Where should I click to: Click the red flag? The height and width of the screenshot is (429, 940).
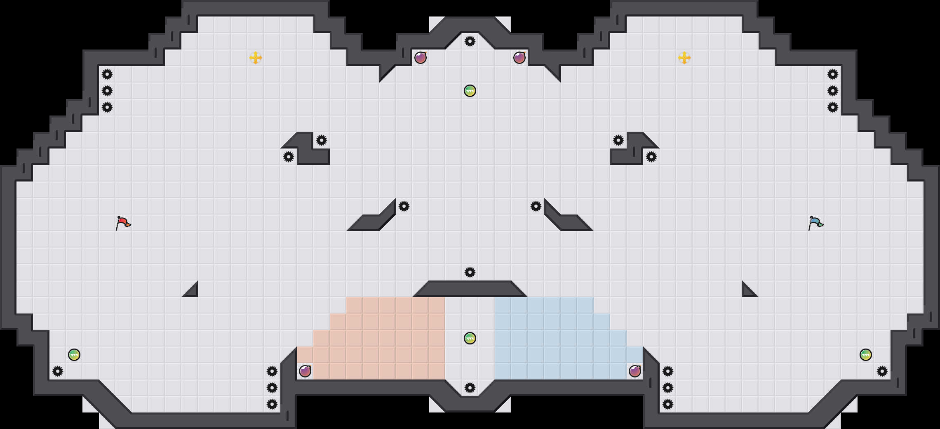click(x=123, y=223)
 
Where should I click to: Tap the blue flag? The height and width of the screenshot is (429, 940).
click(x=815, y=223)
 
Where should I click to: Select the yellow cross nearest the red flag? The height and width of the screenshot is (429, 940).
click(x=256, y=58)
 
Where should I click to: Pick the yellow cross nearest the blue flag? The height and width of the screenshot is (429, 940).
click(x=684, y=58)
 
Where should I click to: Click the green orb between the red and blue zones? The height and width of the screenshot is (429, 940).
click(x=470, y=338)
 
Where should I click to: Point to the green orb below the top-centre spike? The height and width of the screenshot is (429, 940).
click(x=470, y=91)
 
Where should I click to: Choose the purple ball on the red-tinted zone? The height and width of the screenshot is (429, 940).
click(x=305, y=371)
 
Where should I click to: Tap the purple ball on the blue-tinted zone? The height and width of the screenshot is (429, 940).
click(x=635, y=371)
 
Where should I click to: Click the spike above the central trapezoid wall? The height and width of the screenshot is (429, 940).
click(x=470, y=272)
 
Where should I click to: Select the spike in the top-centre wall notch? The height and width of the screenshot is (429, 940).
click(x=470, y=41)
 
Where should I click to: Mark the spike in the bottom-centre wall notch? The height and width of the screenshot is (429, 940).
click(x=470, y=388)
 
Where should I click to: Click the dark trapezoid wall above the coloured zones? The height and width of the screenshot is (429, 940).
click(x=470, y=289)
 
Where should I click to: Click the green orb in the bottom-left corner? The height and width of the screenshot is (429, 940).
click(x=74, y=355)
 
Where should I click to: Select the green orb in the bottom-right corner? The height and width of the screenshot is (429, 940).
click(x=866, y=355)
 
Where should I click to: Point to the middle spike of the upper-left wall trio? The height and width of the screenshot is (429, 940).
click(x=107, y=91)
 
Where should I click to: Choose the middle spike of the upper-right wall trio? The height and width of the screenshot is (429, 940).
click(x=833, y=91)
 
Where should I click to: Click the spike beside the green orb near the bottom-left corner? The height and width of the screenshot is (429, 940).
click(x=58, y=371)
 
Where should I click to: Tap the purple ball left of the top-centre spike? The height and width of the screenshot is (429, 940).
click(x=421, y=58)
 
